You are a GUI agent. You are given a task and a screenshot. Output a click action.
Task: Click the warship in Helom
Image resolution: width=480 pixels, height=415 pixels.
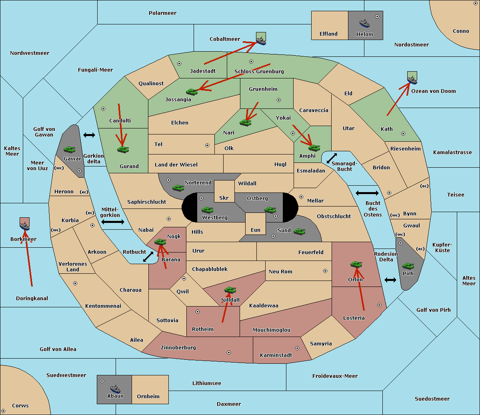[364, 23]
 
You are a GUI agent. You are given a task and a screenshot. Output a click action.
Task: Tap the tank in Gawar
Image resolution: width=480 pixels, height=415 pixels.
[69, 149]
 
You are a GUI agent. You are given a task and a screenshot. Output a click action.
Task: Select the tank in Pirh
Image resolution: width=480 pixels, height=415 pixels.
[408, 266]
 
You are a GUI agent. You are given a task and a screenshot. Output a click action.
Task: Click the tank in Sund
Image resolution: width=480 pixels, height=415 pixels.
[299, 231]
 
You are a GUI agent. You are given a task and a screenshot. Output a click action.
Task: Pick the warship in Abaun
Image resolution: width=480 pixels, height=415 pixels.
[115, 389]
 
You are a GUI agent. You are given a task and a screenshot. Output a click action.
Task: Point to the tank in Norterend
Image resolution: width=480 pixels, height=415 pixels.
[178, 188]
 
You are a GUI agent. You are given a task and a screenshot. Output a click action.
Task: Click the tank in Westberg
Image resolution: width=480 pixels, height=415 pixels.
[207, 210]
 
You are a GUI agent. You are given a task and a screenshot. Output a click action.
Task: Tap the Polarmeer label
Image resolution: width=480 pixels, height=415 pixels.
[162, 13]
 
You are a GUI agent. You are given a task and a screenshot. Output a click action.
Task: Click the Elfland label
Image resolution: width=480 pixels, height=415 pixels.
[328, 34]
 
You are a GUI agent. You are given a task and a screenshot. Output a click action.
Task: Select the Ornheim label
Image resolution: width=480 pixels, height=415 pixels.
[148, 396]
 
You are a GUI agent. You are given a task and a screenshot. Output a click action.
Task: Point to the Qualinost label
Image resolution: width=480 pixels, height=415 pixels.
[151, 83]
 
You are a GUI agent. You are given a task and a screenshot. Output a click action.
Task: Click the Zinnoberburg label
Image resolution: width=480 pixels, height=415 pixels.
[178, 348]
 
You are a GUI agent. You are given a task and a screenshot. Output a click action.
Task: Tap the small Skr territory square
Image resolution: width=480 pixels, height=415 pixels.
[224, 191]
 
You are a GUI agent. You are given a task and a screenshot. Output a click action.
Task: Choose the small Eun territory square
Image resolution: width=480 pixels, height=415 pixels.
[256, 224]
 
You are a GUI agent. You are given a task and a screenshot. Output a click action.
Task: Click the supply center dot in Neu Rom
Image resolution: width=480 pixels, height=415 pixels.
[325, 271]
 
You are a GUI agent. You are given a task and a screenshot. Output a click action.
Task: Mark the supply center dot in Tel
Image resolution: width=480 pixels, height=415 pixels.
[207, 145]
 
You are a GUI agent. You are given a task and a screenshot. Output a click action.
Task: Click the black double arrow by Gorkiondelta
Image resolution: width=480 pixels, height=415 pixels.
[89, 135]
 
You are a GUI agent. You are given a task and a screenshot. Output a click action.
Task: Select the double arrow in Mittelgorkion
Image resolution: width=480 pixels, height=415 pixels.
[113, 222]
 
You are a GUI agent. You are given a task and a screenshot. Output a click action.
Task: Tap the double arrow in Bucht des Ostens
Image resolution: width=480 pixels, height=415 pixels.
[367, 193]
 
